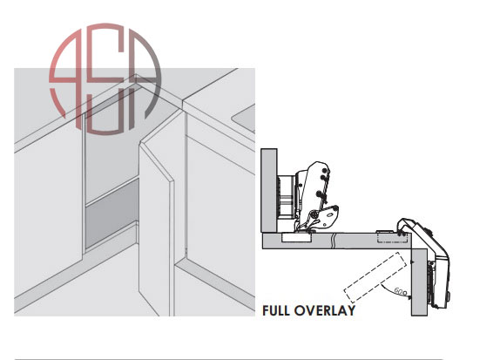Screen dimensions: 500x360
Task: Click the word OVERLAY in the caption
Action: (325, 310)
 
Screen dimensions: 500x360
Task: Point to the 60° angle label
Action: (401, 291)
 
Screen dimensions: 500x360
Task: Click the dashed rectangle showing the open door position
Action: (375, 277)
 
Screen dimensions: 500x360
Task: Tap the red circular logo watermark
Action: (105, 78)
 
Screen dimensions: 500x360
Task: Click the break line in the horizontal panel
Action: (334, 241)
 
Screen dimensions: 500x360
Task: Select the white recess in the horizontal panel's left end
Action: (296, 237)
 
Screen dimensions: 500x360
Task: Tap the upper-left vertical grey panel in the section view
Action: (269, 191)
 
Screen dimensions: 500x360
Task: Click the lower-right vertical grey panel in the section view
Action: (419, 282)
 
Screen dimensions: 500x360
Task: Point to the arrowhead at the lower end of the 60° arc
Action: (409, 297)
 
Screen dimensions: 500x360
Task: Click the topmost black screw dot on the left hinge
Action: (325, 169)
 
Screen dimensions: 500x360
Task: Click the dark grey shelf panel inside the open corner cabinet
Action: (111, 212)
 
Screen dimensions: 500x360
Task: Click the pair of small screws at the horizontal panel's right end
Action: (402, 234)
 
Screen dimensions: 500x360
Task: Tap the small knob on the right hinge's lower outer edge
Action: (448, 296)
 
